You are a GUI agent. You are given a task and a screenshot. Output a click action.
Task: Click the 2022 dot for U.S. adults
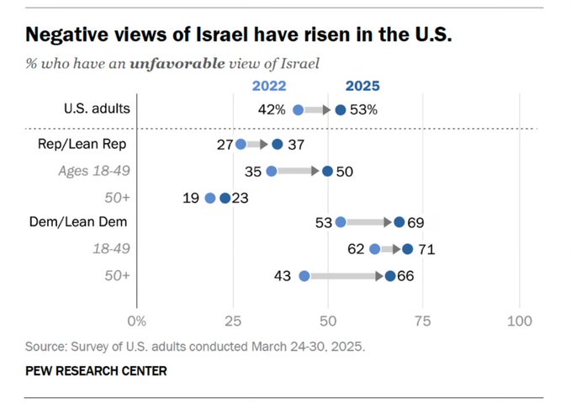[298, 109]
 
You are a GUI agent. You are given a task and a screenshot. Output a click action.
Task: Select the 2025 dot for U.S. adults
[341, 109]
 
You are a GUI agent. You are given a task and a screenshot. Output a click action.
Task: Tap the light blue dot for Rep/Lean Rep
[241, 145]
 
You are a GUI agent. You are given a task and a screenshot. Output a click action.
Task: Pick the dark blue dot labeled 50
[328, 171]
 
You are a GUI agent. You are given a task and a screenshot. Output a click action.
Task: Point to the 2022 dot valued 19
[209, 199]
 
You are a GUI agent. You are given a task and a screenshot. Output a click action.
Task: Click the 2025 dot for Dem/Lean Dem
[399, 222]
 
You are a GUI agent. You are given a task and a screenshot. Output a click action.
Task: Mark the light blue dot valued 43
[304, 275]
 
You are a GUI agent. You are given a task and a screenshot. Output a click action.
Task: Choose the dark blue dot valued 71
[408, 248]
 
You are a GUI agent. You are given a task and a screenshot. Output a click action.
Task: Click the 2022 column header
[269, 85]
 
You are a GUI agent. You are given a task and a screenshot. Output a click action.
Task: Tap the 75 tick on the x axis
[424, 321]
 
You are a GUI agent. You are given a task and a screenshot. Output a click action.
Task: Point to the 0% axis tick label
[136, 321]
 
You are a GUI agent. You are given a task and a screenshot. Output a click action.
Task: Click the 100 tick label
[520, 321]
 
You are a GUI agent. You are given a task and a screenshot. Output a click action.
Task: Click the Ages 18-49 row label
[93, 171]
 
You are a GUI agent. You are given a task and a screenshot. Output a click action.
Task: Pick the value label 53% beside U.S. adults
[363, 109]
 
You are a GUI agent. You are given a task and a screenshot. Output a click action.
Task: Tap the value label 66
[406, 275]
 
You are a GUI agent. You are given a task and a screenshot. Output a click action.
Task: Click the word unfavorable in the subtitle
[177, 62]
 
